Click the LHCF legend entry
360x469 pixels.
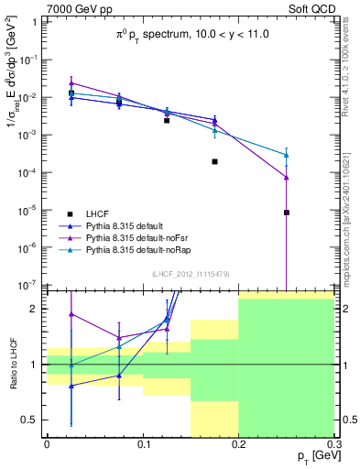(x=99, y=212)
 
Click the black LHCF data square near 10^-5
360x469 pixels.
(x=287, y=213)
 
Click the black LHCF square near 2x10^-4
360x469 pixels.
(x=214, y=161)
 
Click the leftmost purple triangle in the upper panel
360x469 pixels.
(x=71, y=82)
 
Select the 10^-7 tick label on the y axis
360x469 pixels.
(x=27, y=285)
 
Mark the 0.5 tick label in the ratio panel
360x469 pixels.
(x=29, y=420)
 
